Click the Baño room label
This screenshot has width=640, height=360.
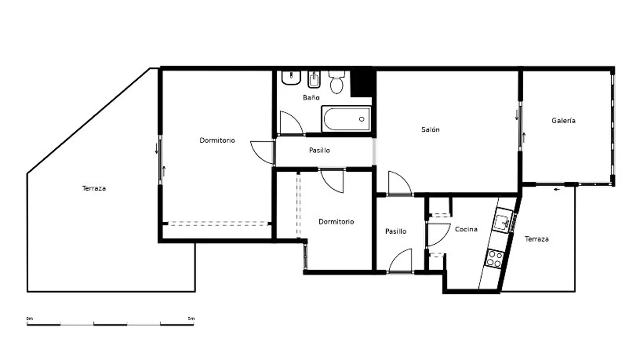pos(311,98)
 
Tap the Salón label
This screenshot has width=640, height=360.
pos(430,130)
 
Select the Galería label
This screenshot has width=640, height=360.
pos(563,121)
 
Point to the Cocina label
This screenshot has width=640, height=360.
pos(466,229)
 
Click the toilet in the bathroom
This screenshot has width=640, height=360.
pos(337,82)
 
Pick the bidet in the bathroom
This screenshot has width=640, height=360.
pos(314,79)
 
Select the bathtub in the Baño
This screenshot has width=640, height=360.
pos(346,119)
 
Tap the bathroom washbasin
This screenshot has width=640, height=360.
pos(291,78)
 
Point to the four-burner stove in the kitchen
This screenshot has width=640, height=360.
pos(495,259)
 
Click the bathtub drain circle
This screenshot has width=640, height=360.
pos(362,119)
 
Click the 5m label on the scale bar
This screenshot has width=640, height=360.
pos(191,318)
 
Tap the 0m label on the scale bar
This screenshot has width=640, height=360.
pos(30,318)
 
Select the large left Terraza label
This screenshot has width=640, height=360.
pos(94,188)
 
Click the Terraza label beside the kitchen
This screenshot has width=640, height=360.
pos(537,239)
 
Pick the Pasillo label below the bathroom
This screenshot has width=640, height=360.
pos(319,150)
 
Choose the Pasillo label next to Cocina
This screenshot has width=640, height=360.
pos(396,231)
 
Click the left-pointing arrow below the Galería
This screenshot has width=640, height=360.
pos(556,189)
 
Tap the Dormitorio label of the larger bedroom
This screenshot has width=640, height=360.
pos(217,140)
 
